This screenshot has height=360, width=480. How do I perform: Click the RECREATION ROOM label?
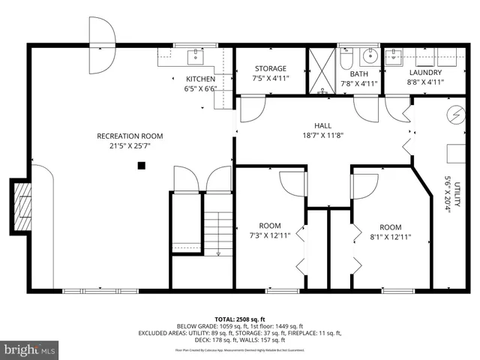(130, 136)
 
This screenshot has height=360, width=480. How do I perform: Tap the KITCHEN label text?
(201, 79)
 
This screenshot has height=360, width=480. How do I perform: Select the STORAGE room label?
(270, 68)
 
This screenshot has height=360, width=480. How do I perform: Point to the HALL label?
(323, 126)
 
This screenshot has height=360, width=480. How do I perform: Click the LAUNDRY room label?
(424, 73)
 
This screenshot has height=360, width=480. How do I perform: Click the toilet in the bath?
(346, 57)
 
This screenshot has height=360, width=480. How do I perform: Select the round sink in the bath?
(369, 55)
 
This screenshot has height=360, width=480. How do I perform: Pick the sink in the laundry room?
(394, 55)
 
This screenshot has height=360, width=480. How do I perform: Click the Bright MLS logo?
(30, 349)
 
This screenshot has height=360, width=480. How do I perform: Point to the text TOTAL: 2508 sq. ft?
(240, 319)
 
